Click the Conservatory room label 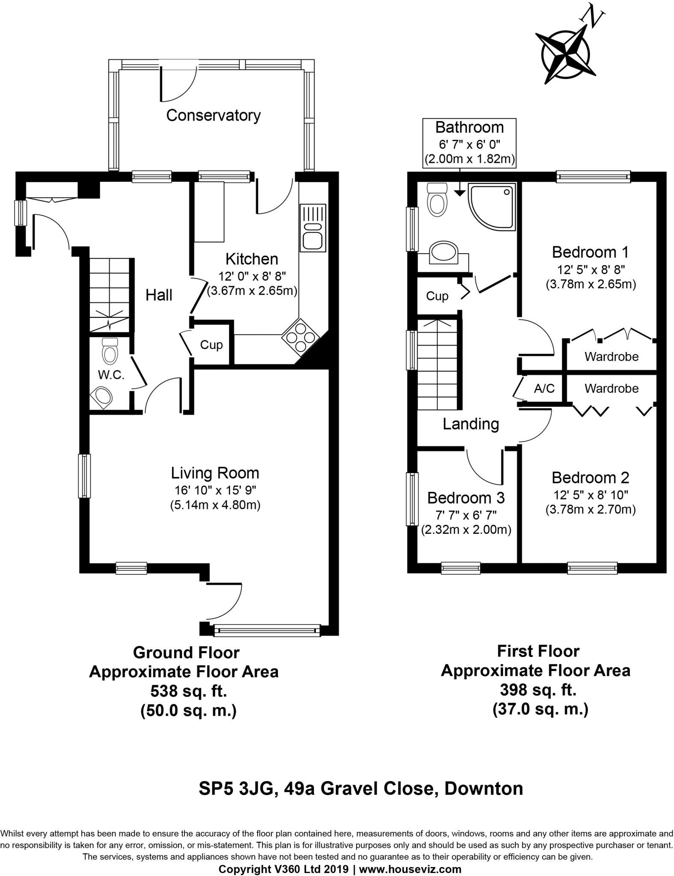coord(213,115)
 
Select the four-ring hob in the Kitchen coord(300,336)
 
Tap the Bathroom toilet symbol coord(437,199)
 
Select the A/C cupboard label coord(544,388)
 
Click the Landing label coord(471,424)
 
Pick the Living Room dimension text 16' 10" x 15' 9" coord(215,490)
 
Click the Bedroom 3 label coord(466,498)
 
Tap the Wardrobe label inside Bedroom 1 coord(611,357)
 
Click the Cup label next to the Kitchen coord(211,345)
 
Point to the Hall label coord(159,295)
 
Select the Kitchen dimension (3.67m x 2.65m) coord(252,291)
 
